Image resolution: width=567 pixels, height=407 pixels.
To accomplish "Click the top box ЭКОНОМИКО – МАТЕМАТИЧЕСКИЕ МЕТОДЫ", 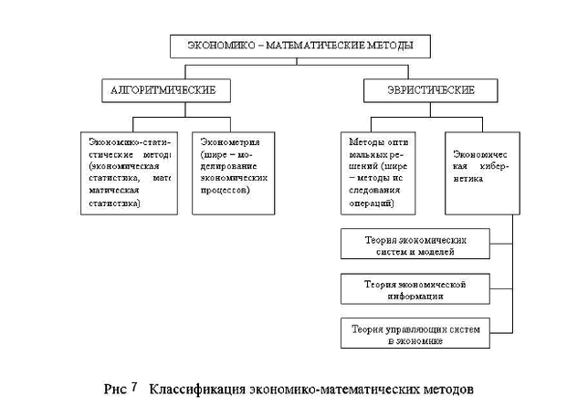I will click(286, 45).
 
